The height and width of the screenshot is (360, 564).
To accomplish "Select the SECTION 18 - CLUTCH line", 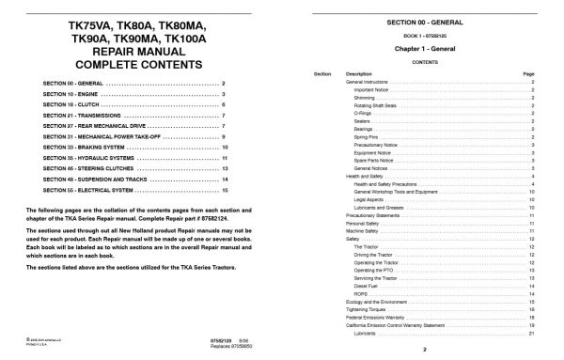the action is tap(70, 108).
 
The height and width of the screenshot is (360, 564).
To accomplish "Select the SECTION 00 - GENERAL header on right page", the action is tap(424, 20).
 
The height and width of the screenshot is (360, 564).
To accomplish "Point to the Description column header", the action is tap(359, 72).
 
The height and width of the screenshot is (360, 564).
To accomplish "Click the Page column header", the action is tap(527, 72).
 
